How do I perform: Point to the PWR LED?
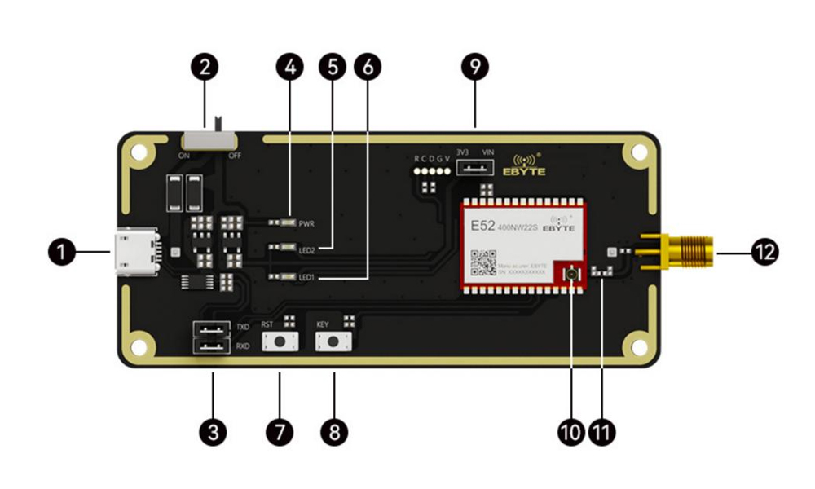(286, 222)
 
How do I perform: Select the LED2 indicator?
(286, 249)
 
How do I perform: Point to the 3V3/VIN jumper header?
(475, 168)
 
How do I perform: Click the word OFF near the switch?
(235, 155)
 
